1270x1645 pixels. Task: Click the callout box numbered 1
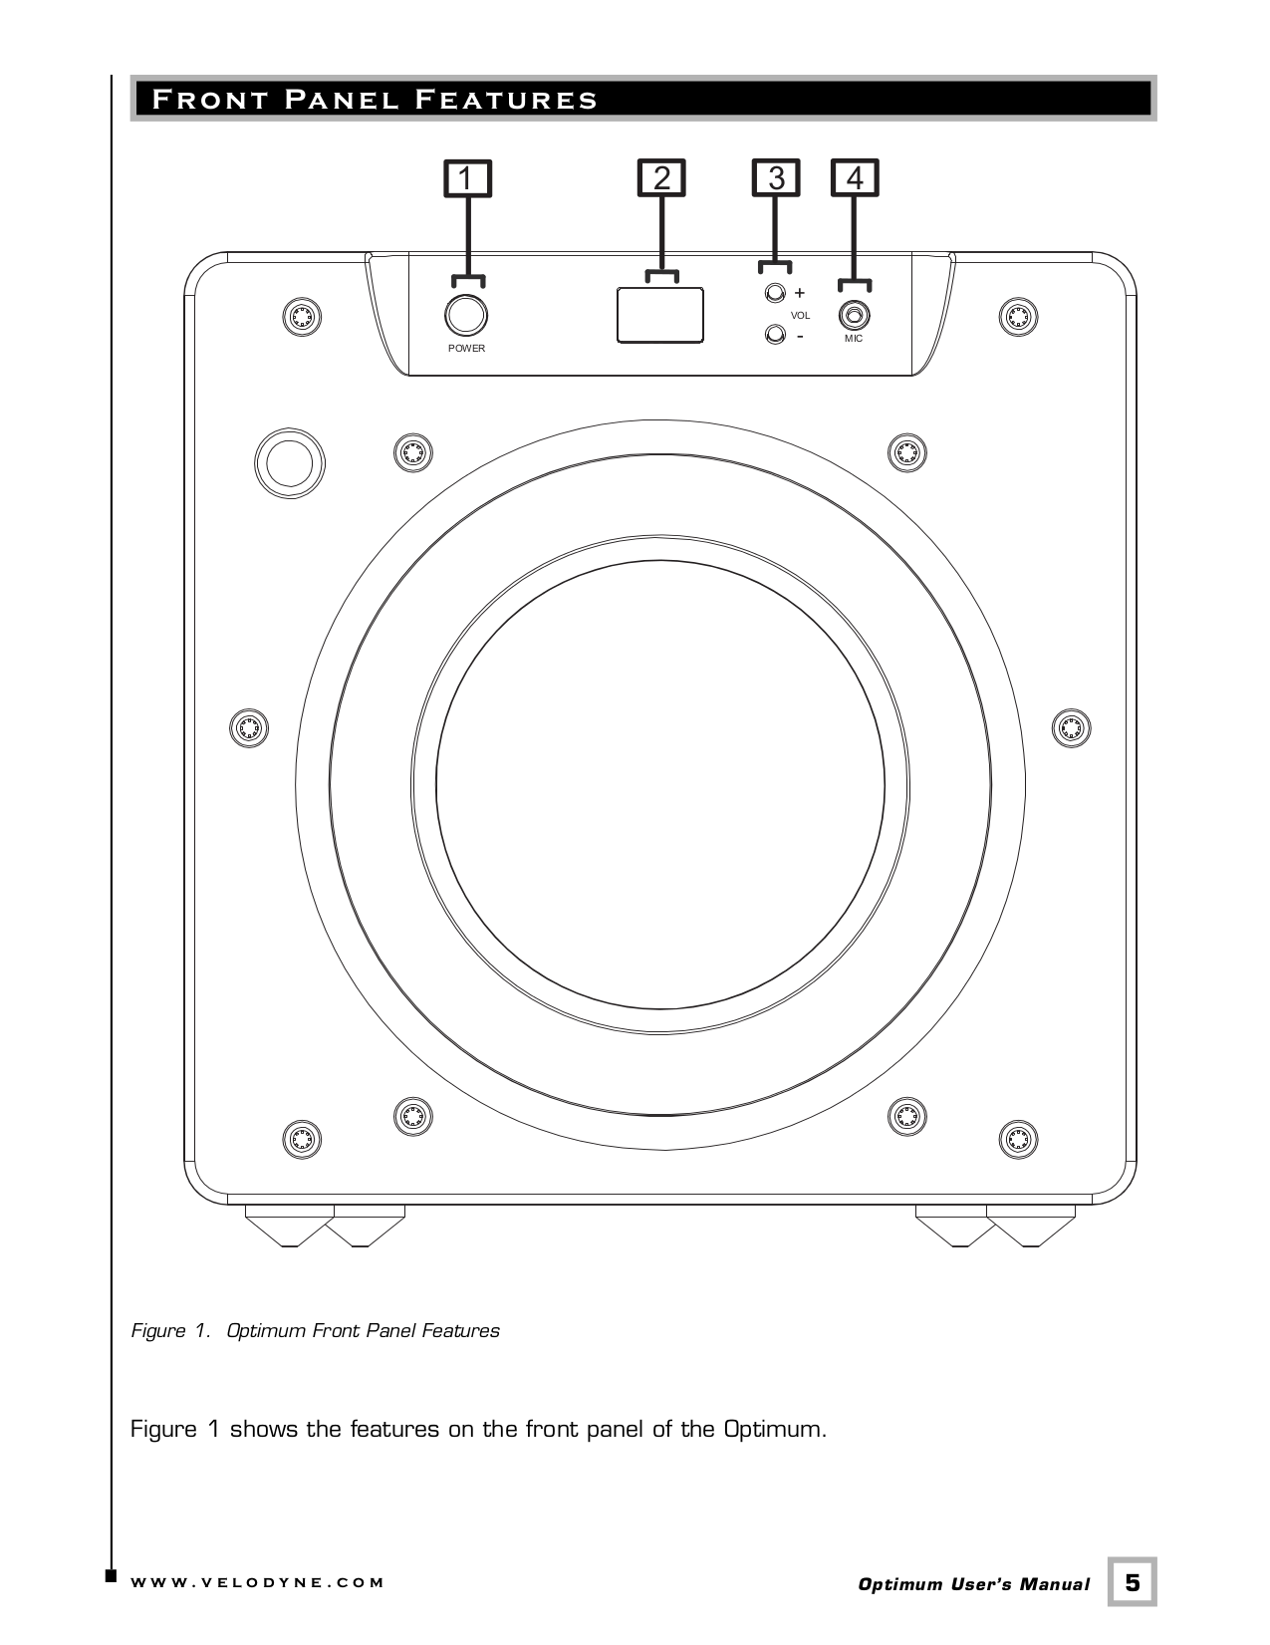pyautogui.click(x=467, y=178)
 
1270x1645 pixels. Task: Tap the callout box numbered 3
pyautogui.click(x=776, y=178)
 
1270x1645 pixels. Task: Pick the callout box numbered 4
pyautogui.click(x=855, y=178)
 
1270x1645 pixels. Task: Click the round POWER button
pyautogui.click(x=465, y=315)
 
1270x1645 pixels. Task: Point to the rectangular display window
pyautogui.click(x=660, y=316)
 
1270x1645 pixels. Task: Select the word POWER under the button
pyautogui.click(x=466, y=349)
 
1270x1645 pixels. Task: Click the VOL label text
pyautogui.click(x=800, y=315)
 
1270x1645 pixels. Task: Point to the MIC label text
pyautogui.click(x=854, y=339)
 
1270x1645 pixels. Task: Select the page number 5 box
pyautogui.click(x=1133, y=1582)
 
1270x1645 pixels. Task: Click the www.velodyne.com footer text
pyautogui.click(x=257, y=1582)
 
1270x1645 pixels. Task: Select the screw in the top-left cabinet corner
pyautogui.click(x=301, y=317)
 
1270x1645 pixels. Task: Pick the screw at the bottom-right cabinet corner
pyautogui.click(x=1018, y=1138)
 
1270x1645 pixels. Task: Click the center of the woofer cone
pyautogui.click(x=660, y=786)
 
